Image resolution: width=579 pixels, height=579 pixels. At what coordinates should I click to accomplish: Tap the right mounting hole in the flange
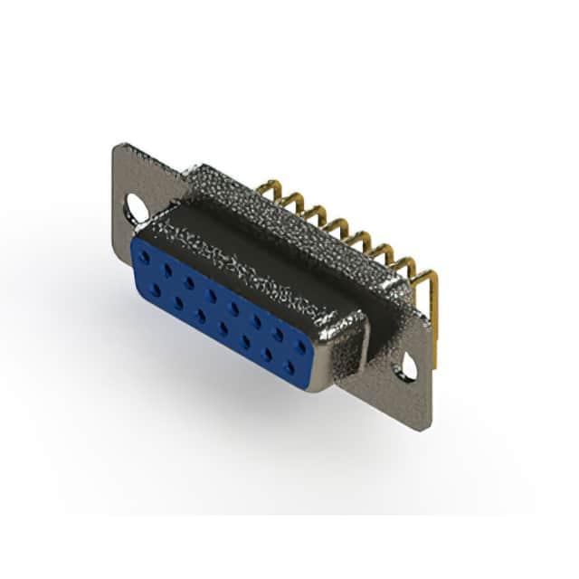[409, 368]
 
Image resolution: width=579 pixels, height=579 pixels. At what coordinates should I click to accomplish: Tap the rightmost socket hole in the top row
[300, 333]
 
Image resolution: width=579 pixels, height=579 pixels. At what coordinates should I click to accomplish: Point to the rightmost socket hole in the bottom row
[289, 365]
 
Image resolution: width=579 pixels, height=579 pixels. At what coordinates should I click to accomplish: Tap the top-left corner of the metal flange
[115, 147]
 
